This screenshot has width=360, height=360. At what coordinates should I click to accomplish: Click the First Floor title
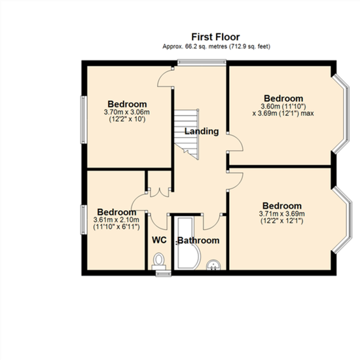(215, 37)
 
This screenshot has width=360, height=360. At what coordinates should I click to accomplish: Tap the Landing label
(202, 132)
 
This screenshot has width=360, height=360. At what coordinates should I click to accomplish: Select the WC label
(159, 240)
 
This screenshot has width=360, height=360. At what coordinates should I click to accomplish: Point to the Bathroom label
(198, 240)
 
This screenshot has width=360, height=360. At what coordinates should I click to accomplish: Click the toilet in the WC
(158, 262)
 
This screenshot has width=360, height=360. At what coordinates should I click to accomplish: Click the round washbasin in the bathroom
(214, 265)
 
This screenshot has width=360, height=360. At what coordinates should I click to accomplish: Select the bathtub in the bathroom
(187, 243)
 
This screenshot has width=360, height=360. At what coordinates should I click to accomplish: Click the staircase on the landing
(187, 134)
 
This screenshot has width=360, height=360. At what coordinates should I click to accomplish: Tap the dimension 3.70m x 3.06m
(127, 113)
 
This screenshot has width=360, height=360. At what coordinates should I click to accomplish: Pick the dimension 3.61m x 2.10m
(116, 220)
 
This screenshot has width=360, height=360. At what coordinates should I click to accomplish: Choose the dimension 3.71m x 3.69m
(282, 214)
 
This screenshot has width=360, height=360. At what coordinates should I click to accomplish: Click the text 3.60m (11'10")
(283, 106)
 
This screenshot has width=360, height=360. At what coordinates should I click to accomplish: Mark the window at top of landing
(202, 62)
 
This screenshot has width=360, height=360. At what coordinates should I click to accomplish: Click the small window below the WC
(163, 273)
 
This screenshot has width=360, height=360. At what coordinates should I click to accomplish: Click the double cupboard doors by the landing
(159, 192)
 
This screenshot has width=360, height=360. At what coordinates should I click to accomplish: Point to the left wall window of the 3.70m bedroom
(84, 120)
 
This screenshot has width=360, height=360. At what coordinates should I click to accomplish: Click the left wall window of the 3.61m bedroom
(84, 220)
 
